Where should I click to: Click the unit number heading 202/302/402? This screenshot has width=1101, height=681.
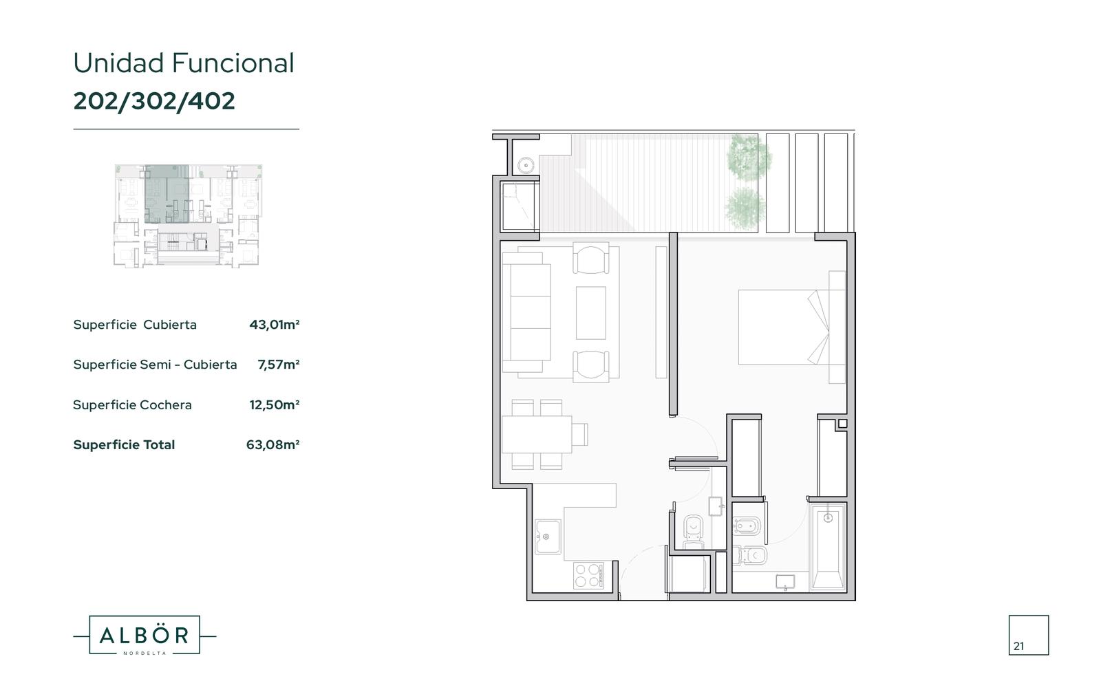pos(154,101)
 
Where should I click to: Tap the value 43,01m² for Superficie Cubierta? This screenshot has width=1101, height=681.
pos(275,325)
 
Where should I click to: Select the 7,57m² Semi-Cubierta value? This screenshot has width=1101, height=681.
pos(279,365)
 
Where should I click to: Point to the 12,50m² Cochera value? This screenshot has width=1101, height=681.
pos(275,405)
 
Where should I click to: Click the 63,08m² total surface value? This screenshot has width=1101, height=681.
pos(272,444)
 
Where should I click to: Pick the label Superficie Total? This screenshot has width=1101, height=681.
pos(124,444)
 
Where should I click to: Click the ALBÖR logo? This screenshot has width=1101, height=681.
pos(145,636)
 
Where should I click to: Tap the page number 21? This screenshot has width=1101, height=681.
pos(1019,646)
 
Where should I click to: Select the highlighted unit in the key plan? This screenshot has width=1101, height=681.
pos(167,194)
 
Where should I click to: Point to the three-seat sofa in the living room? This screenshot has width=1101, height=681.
pos(526,312)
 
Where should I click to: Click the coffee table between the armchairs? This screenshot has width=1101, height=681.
pos(591,313)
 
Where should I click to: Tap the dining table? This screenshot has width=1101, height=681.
pos(537,434)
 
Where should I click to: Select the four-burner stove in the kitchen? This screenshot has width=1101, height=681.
pos(588,575)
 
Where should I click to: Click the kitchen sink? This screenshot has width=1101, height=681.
pos(548,537)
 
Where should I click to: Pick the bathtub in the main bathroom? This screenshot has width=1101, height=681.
pos(828,546)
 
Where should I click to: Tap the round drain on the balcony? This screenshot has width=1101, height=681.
pos(526,165)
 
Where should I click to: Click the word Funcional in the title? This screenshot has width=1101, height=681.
pos(233,63)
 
